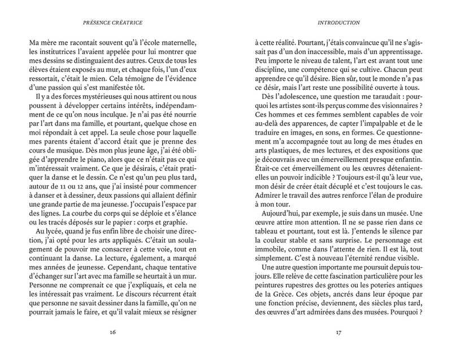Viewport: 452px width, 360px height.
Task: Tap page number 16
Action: point(113,332)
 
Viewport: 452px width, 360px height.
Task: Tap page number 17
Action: point(338,332)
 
